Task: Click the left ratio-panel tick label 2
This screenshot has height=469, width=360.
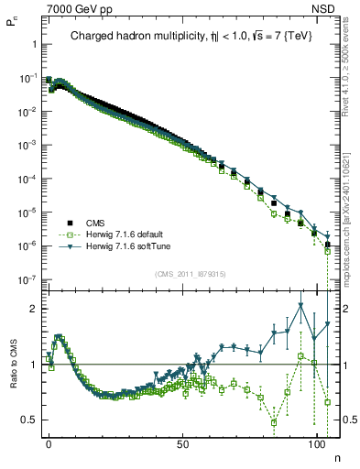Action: (34, 309)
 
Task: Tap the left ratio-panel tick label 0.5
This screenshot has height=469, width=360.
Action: (31, 420)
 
